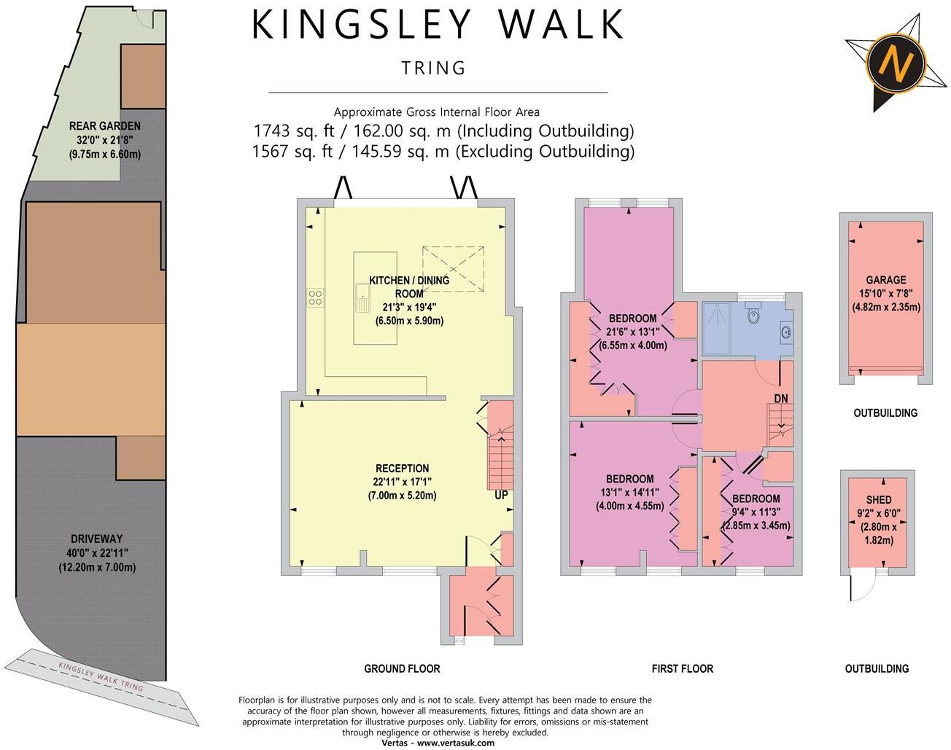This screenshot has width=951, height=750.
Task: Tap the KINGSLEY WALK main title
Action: [x=438, y=25]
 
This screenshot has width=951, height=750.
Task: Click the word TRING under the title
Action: [x=433, y=69]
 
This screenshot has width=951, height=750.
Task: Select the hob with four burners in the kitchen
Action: [x=316, y=297]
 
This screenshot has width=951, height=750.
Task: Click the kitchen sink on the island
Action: [x=362, y=296]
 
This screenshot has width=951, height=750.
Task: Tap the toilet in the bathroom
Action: [x=754, y=316]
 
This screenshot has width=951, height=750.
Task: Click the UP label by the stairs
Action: [x=502, y=495]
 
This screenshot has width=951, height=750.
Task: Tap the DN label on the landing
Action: [x=781, y=398]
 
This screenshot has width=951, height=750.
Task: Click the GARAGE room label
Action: [x=886, y=280]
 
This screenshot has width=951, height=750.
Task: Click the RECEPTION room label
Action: [x=402, y=468]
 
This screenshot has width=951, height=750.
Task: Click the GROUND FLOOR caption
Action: [x=402, y=668]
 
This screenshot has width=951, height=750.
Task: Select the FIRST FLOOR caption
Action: [x=682, y=668]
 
